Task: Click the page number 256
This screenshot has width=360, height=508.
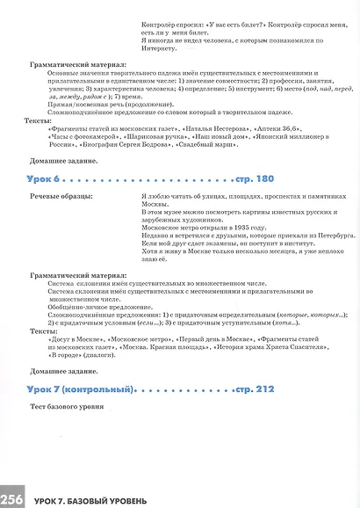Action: pos(12,498)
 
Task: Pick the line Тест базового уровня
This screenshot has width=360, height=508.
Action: pos(68,407)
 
